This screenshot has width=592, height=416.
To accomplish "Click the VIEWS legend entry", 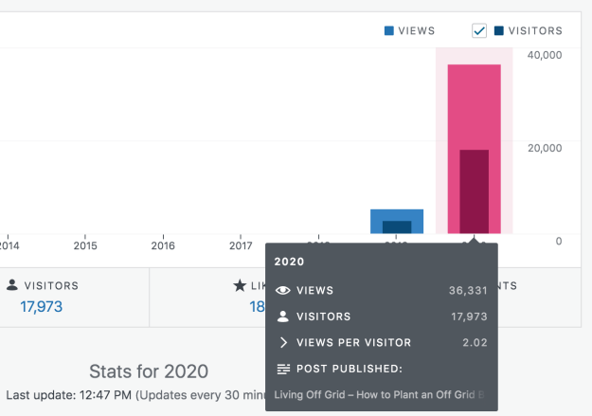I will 409,30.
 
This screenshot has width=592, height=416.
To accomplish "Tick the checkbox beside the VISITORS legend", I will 479,31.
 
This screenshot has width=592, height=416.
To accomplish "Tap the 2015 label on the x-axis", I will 85,245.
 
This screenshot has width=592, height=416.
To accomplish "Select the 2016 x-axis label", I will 164,245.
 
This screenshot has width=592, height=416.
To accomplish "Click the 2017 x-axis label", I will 242,245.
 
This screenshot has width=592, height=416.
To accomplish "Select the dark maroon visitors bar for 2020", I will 474,190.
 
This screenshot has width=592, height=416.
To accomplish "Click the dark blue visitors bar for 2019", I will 397,226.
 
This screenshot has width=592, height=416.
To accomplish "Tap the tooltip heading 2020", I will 289,261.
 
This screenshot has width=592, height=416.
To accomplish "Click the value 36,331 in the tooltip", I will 468,290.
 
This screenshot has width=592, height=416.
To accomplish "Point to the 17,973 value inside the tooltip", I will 468,317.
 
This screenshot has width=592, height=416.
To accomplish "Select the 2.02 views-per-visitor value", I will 475,342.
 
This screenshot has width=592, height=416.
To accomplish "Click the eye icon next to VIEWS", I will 282,290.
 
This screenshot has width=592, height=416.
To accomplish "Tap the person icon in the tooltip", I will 282,317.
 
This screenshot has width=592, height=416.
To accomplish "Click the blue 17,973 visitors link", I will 43,306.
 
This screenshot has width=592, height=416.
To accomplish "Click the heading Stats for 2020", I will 149,371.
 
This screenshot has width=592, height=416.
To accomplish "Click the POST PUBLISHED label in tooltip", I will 350,369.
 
